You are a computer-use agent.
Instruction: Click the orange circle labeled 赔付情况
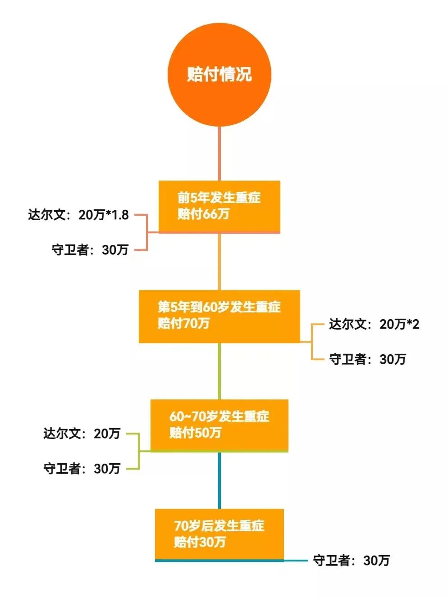pyautogui.click(x=219, y=75)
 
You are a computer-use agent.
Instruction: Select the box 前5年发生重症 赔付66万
pyautogui.click(x=219, y=206)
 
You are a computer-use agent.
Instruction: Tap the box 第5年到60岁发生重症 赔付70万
pyautogui.click(x=219, y=316)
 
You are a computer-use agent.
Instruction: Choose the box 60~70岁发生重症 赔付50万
pyautogui.click(x=219, y=425)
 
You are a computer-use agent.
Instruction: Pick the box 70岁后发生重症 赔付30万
pyautogui.click(x=219, y=534)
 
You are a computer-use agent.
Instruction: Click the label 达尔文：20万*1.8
pyautogui.click(x=78, y=215)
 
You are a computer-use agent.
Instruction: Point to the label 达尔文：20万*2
pyautogui.click(x=374, y=324)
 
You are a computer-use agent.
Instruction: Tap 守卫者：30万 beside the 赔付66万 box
pyautogui.click(x=90, y=249)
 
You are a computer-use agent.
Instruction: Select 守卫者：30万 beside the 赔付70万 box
pyautogui.click(x=368, y=359)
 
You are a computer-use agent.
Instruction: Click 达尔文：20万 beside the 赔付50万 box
pyautogui.click(x=82, y=434)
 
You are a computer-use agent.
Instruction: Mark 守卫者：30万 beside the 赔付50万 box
pyautogui.click(x=82, y=469)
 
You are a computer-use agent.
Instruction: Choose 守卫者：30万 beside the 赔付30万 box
pyautogui.click(x=352, y=561)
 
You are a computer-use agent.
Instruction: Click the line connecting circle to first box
pyautogui.click(x=219, y=153)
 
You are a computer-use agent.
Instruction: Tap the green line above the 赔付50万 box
pyautogui.click(x=219, y=371)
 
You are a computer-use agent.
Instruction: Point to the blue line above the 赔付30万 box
pyautogui.click(x=219, y=480)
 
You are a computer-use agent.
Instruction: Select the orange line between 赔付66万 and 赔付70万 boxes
pyautogui.click(x=219, y=262)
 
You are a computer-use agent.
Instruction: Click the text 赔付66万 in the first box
pyautogui.click(x=203, y=214)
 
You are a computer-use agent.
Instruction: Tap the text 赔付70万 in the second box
pyautogui.click(x=183, y=323)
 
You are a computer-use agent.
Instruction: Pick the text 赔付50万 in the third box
pyautogui.click(x=195, y=433)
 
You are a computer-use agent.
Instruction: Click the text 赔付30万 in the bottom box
pyautogui.click(x=200, y=542)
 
